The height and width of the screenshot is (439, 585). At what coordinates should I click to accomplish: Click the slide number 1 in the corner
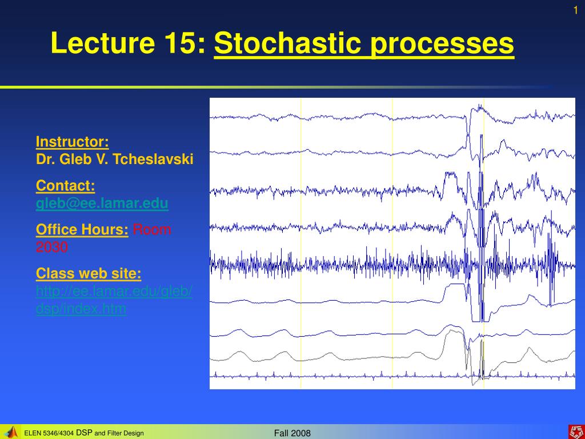coord(576,10)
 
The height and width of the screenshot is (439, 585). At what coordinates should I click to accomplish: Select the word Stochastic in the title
coord(288,43)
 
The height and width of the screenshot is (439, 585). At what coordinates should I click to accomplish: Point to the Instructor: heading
coord(72,142)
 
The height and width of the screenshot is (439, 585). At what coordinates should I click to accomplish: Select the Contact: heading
coord(65,186)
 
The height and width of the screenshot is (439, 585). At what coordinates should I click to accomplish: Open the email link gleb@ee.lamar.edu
coord(102,203)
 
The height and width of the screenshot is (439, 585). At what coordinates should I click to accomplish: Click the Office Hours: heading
coord(82,230)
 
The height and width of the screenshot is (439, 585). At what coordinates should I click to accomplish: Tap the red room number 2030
coord(51,247)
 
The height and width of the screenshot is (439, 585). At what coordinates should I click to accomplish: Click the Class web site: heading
coord(89,274)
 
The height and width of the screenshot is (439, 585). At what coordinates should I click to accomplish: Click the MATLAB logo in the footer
coord(11,432)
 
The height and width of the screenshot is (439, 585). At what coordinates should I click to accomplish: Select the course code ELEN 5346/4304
coord(49,433)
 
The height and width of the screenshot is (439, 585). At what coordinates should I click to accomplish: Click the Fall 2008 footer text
coord(292,433)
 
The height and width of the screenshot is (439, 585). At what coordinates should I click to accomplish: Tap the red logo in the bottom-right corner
coord(574,432)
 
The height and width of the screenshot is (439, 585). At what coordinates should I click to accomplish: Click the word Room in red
coord(152,230)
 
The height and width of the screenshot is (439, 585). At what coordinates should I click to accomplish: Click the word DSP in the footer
coord(84,433)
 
